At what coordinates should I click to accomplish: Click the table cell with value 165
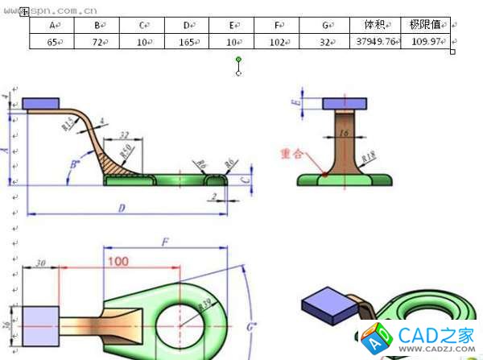[x=187, y=41]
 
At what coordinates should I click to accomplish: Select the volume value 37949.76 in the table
[x=375, y=41]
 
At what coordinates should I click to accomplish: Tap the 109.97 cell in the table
[x=426, y=41]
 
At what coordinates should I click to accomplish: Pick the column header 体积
[x=376, y=25]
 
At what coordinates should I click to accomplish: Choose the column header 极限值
[x=424, y=25]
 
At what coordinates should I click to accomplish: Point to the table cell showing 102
[x=277, y=41]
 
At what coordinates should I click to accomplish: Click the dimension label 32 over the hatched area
[x=124, y=135]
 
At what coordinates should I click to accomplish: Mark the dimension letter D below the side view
[x=122, y=209]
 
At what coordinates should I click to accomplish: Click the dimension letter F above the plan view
[x=164, y=242]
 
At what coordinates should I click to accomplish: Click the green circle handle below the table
[x=238, y=60]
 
